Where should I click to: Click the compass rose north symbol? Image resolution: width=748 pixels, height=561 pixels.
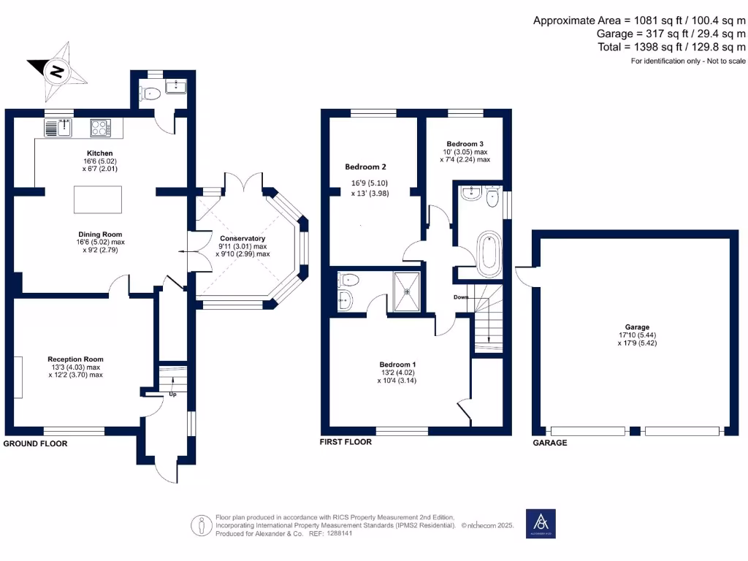[55, 72]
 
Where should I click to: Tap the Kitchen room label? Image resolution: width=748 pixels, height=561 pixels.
[99, 153]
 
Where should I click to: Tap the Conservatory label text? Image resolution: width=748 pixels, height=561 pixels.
[243, 239]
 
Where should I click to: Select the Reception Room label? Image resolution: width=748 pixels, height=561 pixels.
[75, 359]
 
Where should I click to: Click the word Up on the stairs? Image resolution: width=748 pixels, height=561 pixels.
[172, 394]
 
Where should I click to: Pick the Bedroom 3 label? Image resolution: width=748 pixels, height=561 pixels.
[465, 144]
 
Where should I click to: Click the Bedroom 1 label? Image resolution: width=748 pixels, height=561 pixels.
[397, 365]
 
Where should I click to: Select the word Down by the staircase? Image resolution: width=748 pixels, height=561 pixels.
[461, 297]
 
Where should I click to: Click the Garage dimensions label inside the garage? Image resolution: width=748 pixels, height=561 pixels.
[633, 335]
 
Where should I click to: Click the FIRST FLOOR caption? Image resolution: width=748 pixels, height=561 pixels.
[346, 442]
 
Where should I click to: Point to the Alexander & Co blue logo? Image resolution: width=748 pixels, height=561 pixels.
[541, 524]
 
